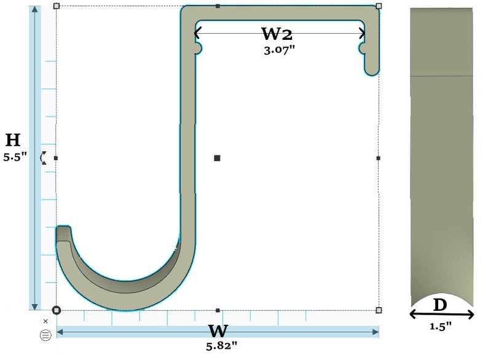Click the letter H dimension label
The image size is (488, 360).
click(13, 140)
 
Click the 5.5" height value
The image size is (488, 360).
click(15, 157)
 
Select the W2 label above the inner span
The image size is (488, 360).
click(277, 34)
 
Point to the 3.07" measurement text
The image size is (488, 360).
click(279, 50)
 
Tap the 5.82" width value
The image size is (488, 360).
click(222, 345)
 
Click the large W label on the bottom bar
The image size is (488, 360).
click(218, 331)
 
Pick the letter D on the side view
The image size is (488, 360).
click(440, 305)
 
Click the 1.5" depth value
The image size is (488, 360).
click(441, 326)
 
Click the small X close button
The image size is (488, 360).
click(45, 321)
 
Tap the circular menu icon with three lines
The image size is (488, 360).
click(45, 335)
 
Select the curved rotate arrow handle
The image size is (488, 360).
click(43, 158)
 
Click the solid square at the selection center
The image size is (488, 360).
click(217, 158)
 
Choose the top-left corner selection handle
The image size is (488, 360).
click(57, 6)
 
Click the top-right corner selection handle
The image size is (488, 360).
click(379, 6)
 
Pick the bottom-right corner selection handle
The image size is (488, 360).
click(379, 310)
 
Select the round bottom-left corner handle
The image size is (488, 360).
click(57, 310)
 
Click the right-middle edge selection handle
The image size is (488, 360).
click(379, 158)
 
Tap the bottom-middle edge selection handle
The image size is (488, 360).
click(218, 310)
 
